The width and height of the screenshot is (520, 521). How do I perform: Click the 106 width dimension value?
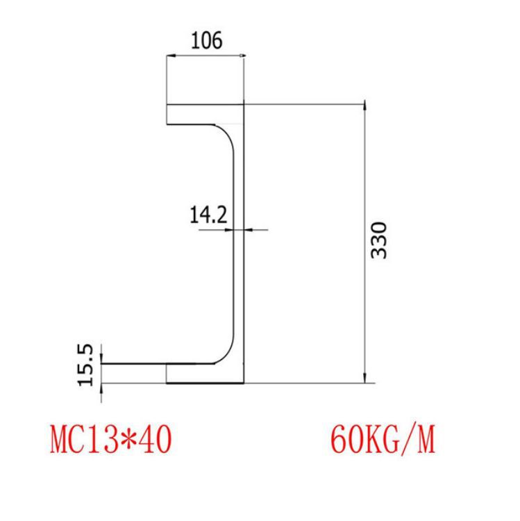click(206, 41)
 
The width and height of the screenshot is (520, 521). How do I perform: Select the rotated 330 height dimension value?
click(378, 240)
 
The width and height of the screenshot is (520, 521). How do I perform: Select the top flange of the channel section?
click(201, 114)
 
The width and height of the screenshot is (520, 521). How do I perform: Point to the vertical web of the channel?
click(240, 243)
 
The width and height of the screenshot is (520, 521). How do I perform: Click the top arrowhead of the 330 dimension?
click(364, 107)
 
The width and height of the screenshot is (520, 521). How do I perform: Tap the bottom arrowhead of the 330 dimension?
click(364, 379)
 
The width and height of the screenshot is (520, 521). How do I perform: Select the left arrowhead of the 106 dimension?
click(169, 55)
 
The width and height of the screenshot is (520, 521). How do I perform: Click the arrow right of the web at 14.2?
click(249, 229)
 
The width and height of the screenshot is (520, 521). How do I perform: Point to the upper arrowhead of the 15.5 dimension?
click(101, 358)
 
